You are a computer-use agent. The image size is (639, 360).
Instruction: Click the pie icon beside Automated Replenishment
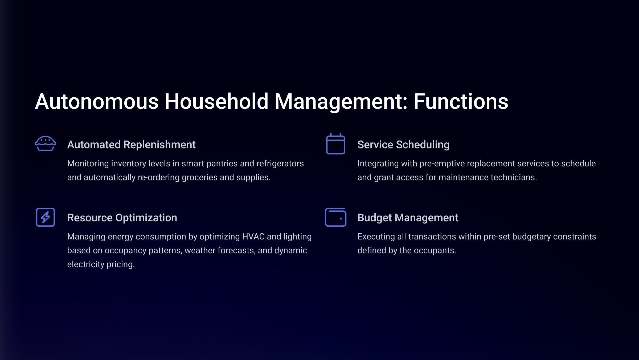click(45, 143)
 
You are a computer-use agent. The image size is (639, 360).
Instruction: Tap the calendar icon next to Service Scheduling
click(335, 144)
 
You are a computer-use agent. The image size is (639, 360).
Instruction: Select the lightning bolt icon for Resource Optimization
click(45, 217)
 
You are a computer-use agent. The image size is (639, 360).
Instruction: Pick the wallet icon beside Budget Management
click(335, 217)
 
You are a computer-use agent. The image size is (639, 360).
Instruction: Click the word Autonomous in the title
click(97, 102)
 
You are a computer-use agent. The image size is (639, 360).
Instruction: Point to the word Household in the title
click(216, 102)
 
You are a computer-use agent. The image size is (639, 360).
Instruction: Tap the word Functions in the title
click(461, 102)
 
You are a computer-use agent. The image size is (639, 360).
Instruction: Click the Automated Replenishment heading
click(131, 145)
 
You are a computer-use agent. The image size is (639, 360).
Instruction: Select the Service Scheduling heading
click(403, 145)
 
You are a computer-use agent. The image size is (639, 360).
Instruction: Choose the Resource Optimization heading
click(122, 218)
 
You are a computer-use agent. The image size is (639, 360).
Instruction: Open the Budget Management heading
click(408, 218)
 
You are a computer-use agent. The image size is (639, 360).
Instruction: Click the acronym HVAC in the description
click(253, 237)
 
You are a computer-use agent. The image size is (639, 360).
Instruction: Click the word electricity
click(86, 265)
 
